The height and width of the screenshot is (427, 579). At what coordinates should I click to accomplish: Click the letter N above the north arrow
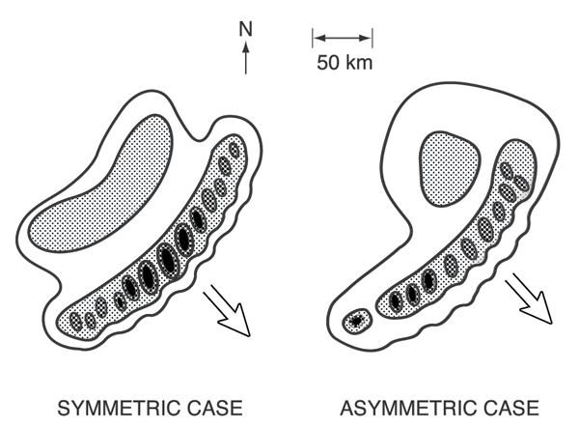246,29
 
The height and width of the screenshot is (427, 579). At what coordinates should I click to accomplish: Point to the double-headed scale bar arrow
343,39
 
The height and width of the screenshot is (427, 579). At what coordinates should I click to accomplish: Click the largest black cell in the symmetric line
165,260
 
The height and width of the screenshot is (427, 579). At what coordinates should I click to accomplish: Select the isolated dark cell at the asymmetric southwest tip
358,320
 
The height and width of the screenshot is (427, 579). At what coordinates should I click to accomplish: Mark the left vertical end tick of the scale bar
312,39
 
